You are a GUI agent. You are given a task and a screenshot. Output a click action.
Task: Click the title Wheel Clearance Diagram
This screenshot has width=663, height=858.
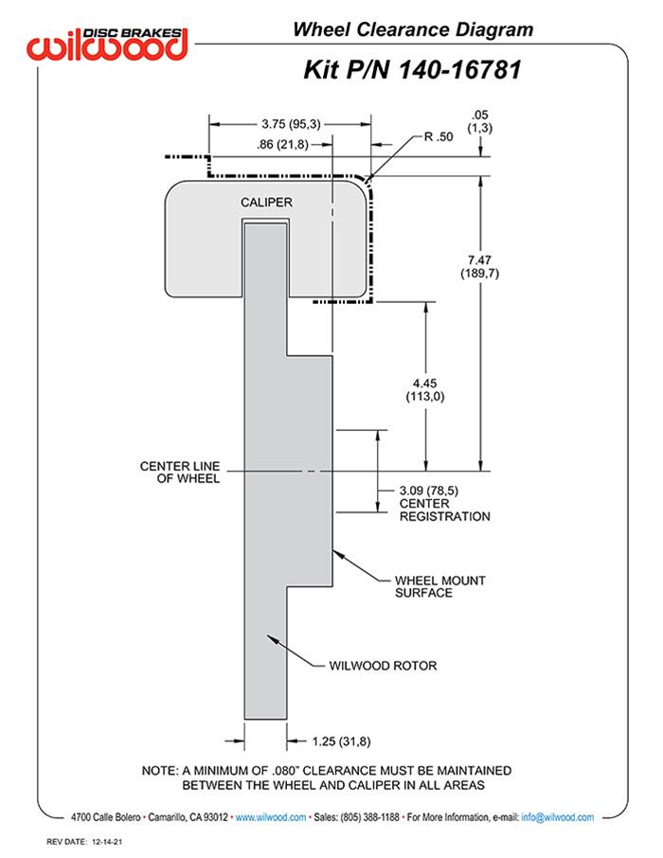pyautogui.click(x=412, y=29)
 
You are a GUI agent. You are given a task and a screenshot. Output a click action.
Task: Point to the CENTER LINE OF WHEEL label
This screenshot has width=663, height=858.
pyautogui.click(x=180, y=473)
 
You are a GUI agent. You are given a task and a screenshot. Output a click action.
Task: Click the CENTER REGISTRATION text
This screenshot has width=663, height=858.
pyautogui.click(x=444, y=510)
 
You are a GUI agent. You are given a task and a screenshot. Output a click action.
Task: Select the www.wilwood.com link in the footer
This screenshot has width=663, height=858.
pyautogui.click(x=270, y=817)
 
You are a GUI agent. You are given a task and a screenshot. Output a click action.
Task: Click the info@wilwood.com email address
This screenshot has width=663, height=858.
pyautogui.click(x=557, y=817)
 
